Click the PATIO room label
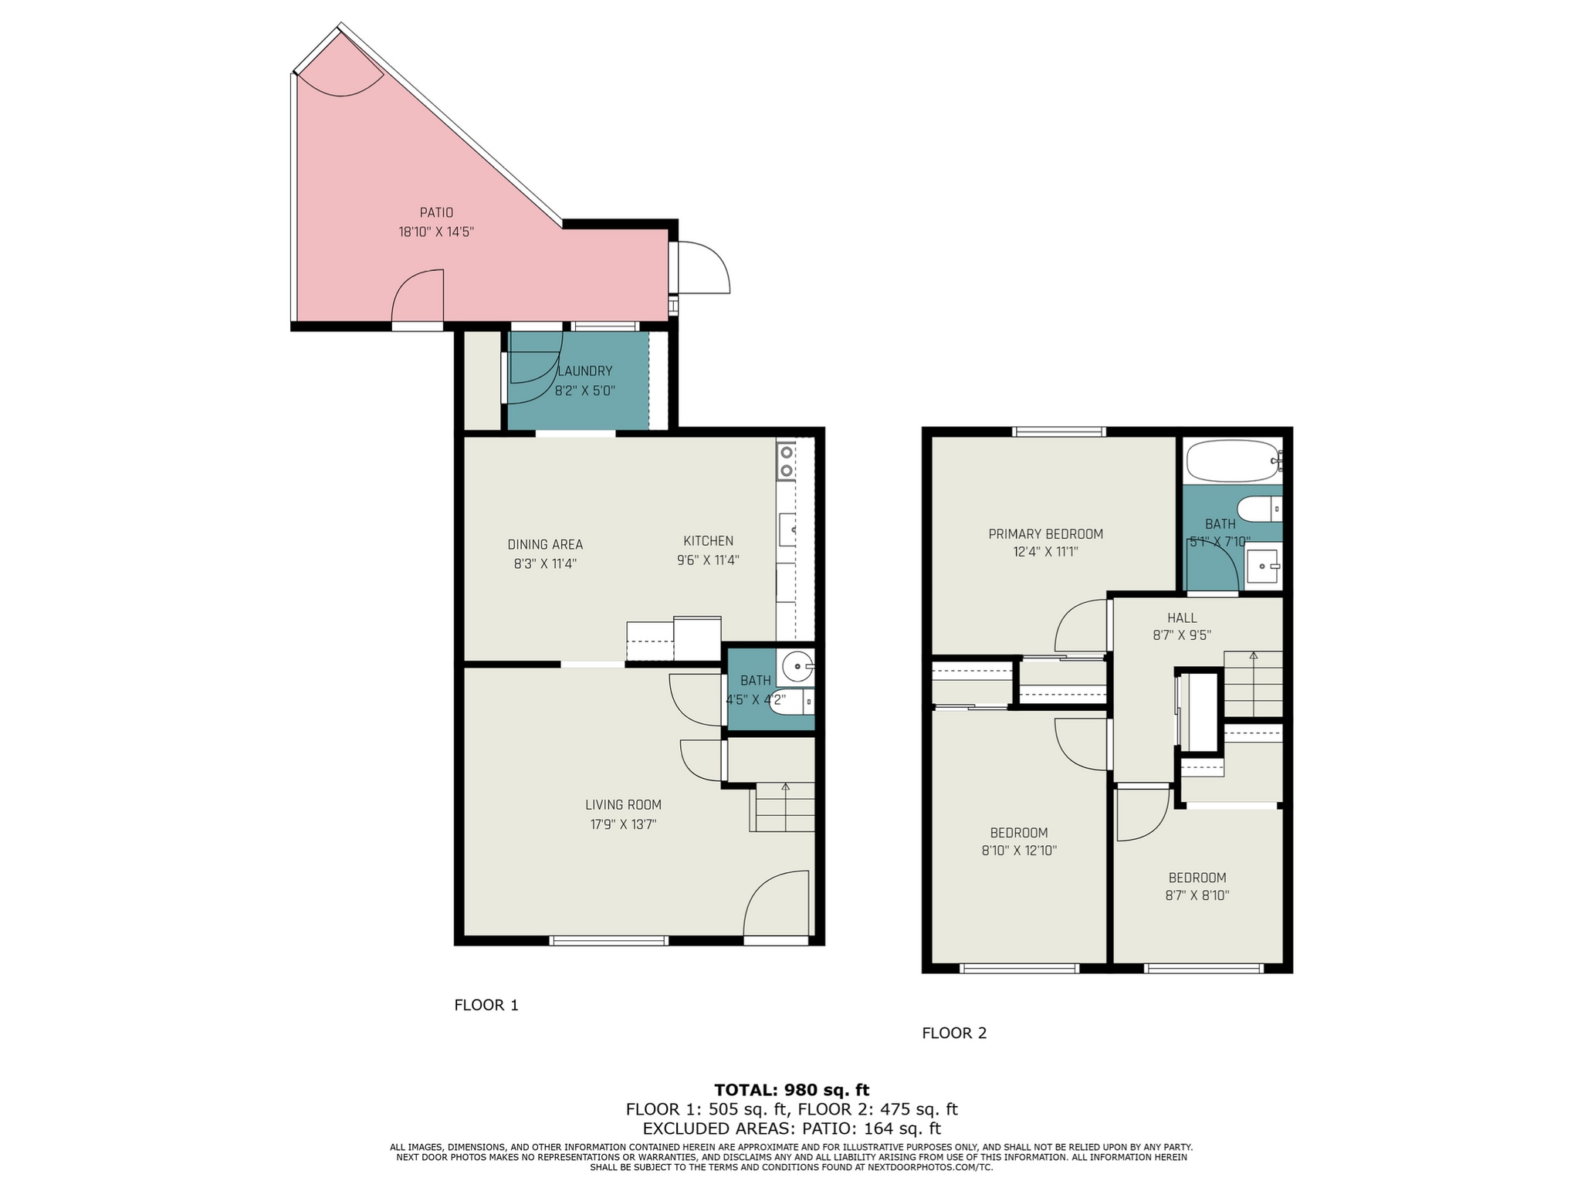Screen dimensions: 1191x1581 tap(436, 212)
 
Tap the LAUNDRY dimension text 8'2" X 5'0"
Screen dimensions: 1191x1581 tap(584, 391)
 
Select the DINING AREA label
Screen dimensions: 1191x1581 tap(545, 544)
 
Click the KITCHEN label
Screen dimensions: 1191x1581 tap(708, 541)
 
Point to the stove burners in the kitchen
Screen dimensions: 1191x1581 tap(786, 461)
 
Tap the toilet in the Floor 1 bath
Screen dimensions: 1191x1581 tap(795, 701)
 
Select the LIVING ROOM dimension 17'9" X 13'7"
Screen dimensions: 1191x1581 tap(623, 824)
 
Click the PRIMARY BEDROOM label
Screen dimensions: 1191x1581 tap(1045, 533)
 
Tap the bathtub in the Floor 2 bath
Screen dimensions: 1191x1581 tap(1232, 461)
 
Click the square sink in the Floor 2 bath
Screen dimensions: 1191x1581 tap(1261, 567)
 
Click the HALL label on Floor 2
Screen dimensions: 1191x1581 tap(1182, 617)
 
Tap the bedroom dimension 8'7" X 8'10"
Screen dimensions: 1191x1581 tap(1197, 895)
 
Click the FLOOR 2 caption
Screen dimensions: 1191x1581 tap(954, 1033)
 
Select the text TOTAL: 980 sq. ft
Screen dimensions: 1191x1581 tap(791, 1090)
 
